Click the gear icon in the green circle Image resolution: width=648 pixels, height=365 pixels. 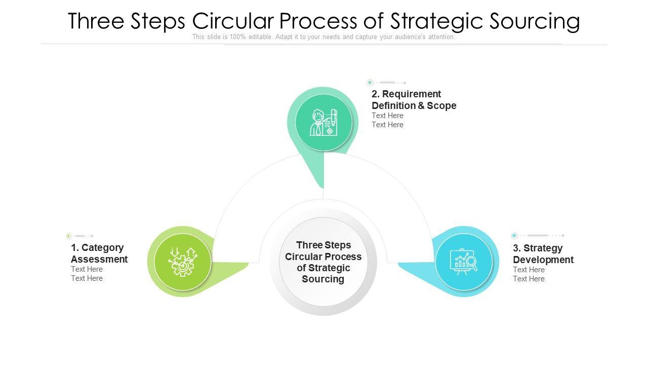[182, 262]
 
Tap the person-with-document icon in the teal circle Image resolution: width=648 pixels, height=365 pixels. [323, 123]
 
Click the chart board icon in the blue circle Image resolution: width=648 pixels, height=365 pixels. [464, 262]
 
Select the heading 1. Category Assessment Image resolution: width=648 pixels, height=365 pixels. [99, 253]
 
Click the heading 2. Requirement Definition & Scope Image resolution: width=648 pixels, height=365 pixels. [414, 100]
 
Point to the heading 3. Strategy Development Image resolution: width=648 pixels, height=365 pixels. [543, 254]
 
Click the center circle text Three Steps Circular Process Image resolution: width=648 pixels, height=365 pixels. [323, 262]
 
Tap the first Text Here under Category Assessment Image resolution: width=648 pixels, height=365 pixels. [87, 269]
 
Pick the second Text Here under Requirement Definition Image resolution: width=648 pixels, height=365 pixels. [387, 125]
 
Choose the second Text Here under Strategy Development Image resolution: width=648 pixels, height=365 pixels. [529, 279]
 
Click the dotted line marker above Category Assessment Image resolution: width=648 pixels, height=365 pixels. [80, 236]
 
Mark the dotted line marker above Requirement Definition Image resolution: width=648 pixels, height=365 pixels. [387, 83]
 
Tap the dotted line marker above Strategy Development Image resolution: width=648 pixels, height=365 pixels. [538, 236]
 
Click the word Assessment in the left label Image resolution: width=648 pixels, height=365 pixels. [99, 260]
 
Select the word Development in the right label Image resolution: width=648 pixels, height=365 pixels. [543, 260]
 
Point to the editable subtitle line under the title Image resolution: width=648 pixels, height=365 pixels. [323, 37]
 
